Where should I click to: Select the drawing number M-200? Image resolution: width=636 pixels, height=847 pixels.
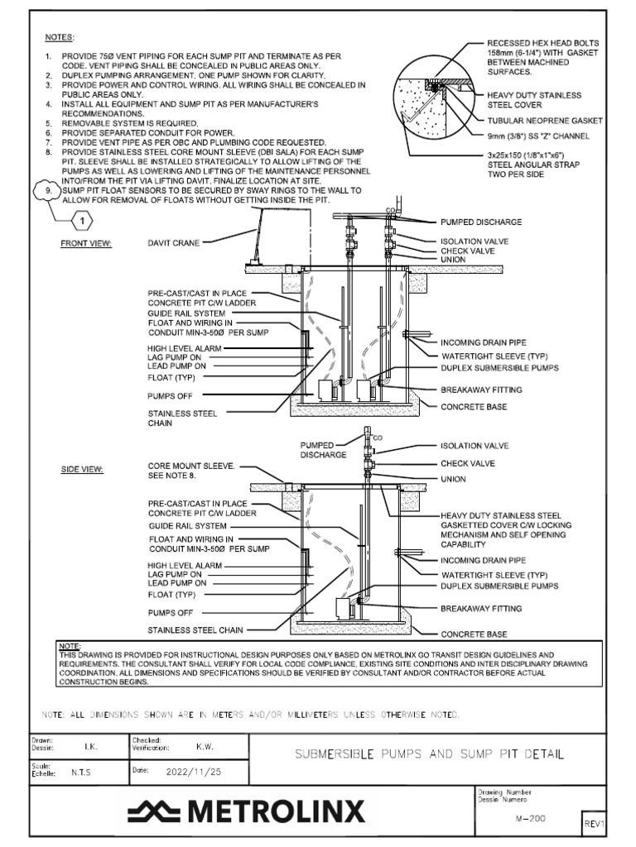(x=529, y=817)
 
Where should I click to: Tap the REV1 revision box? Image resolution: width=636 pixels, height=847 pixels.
(x=595, y=824)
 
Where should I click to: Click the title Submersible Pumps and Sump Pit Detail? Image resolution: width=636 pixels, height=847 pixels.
(x=431, y=754)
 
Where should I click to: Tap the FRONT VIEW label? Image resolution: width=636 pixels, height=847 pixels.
(x=85, y=244)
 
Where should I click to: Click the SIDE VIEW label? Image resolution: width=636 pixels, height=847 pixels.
(x=81, y=470)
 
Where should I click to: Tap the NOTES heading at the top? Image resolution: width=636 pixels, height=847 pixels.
(x=59, y=38)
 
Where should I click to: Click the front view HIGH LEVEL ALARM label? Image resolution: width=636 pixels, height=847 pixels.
(x=185, y=348)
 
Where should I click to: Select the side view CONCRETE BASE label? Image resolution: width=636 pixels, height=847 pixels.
(x=474, y=634)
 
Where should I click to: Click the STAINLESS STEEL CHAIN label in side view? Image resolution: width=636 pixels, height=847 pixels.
(x=195, y=630)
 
